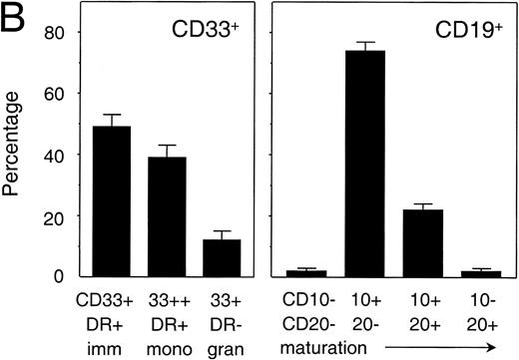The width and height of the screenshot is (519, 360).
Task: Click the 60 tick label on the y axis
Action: [57, 94]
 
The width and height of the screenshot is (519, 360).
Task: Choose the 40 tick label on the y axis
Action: [57, 155]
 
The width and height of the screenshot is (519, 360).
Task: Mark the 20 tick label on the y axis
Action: [57, 215]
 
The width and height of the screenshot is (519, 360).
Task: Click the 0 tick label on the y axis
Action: [63, 276]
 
